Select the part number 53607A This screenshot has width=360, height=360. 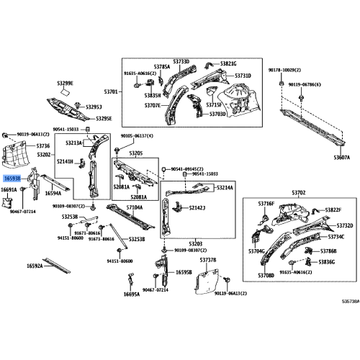341,157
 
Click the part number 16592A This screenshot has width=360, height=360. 35,266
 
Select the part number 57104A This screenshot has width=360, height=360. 135,207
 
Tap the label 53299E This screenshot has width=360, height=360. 65,84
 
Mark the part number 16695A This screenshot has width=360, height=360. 131,294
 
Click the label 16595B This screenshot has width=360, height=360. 183,272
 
